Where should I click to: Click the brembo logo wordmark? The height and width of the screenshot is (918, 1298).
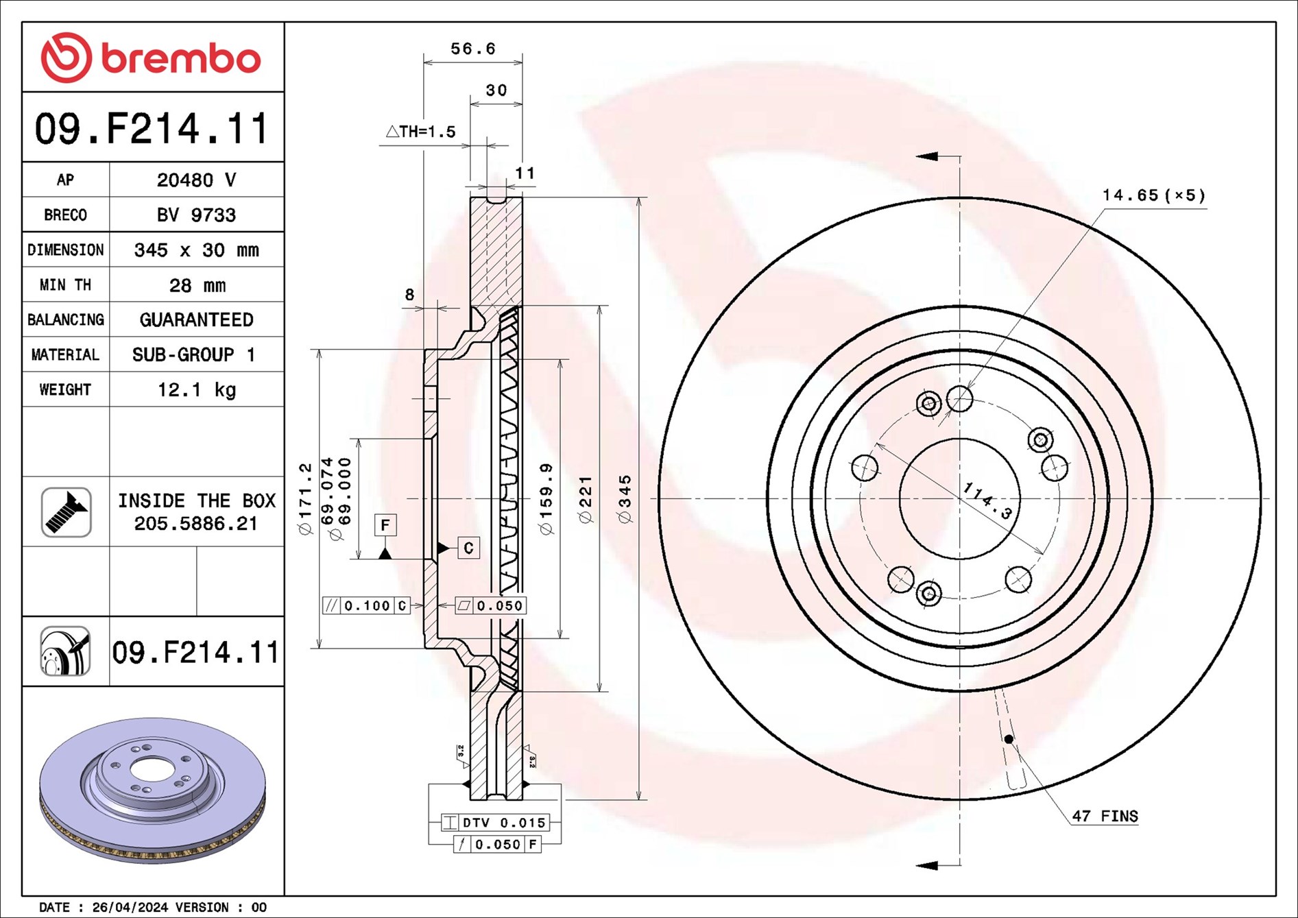tap(181, 59)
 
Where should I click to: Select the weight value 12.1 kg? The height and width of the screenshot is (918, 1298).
tap(197, 389)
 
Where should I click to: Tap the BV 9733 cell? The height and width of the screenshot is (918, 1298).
tap(197, 215)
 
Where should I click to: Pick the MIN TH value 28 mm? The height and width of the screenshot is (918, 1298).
tap(197, 285)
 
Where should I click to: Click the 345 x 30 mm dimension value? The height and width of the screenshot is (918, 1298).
tap(197, 250)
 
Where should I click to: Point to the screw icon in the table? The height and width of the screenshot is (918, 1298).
tap(66, 512)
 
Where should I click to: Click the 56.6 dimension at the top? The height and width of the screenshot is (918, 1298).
tap(472, 49)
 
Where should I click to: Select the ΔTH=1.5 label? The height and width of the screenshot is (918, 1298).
tap(420, 131)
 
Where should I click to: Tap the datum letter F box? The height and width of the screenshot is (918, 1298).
tap(385, 525)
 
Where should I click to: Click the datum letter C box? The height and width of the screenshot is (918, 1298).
tap(468, 548)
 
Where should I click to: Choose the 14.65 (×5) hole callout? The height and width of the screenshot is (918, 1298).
tap(1153, 195)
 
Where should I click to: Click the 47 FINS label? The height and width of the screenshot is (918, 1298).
tap(1105, 816)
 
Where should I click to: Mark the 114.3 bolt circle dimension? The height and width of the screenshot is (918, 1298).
tap(987, 500)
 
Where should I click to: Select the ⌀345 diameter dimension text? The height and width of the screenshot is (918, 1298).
tap(625, 499)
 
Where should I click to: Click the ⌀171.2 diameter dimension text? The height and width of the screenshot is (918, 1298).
tap(305, 498)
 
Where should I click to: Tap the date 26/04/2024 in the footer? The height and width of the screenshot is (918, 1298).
tap(130, 907)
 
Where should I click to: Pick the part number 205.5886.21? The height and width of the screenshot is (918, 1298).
tap(196, 524)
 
